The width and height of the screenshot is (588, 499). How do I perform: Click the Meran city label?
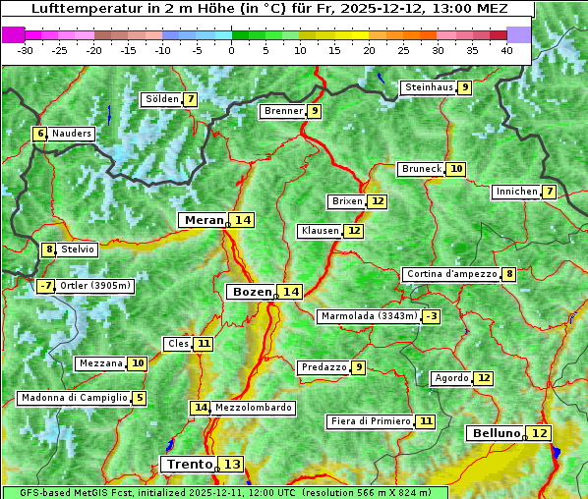coord(204,220)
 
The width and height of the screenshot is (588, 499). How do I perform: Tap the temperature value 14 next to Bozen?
coord(290,292)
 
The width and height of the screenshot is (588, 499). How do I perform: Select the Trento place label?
coord(189,464)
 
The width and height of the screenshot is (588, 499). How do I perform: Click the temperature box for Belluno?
coord(539,433)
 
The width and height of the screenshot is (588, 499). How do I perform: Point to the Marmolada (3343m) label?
coord(369,316)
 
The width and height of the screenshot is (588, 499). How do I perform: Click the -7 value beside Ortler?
coord(45,286)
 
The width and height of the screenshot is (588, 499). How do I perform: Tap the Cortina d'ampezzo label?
coord(450,274)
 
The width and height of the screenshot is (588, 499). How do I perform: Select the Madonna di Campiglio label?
coord(74,398)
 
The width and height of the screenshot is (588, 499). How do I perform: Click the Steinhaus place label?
coord(428,87)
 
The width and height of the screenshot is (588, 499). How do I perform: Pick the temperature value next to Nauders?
coord(40,134)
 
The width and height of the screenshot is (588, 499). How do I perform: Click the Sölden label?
coord(162,99)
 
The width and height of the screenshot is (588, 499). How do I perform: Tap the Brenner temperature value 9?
coord(314,111)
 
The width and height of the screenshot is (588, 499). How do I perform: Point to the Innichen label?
coord(516,192)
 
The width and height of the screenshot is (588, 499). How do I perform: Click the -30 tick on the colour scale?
coord(26,50)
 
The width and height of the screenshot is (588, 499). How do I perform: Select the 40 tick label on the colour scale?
coord(506,50)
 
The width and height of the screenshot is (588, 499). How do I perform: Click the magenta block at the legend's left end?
coord(14,34)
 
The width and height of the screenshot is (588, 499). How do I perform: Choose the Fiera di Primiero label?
coord(370,421)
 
